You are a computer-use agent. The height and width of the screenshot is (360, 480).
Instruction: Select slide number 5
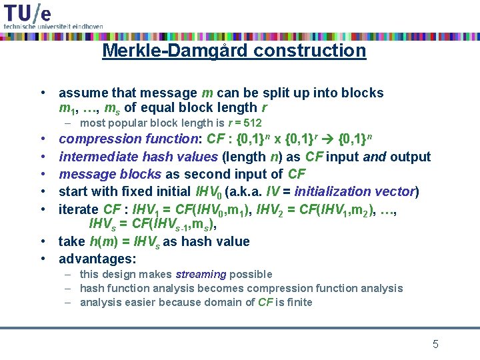click(x=435, y=344)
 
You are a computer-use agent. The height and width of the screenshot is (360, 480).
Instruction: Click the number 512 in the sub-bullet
click(x=252, y=123)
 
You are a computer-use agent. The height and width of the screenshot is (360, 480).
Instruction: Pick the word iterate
click(x=79, y=209)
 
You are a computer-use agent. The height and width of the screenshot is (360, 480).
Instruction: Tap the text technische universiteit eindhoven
click(x=53, y=26)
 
